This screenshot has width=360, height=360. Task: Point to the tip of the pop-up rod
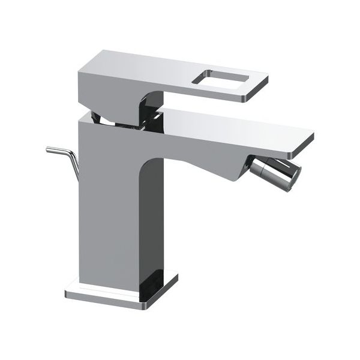48,149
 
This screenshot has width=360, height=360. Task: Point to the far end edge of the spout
306,141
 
